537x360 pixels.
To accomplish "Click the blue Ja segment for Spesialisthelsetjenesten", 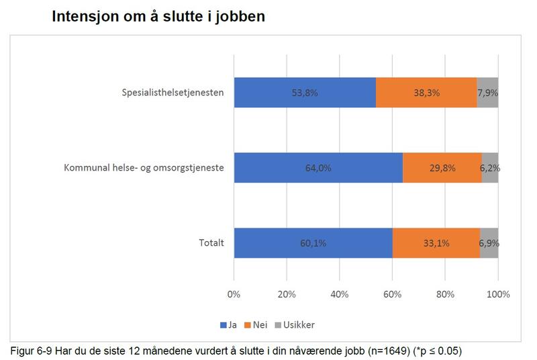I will click(304, 93).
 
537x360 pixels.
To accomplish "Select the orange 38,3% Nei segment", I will click(426, 93).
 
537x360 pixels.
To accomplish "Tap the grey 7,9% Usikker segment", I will click(487, 93).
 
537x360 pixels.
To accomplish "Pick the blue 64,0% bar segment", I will click(318, 168).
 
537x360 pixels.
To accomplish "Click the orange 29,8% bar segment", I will click(442, 168).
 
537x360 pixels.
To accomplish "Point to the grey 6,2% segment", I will click(490, 168).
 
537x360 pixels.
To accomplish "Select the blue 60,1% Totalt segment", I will click(313, 243).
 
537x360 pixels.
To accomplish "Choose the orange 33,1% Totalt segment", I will click(436, 243).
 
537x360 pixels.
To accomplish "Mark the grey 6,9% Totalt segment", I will click(489, 243).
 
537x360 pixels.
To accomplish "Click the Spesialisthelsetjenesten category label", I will click(173, 93).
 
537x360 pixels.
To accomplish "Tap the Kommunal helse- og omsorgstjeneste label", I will click(144, 168).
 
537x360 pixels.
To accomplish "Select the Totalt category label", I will click(211, 243).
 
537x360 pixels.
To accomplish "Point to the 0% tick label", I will click(234, 294).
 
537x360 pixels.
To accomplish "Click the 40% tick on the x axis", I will click(339, 294).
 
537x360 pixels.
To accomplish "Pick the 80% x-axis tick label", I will click(445, 294).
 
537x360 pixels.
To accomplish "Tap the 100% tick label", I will click(498, 294).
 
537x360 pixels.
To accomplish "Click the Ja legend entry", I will click(229, 324).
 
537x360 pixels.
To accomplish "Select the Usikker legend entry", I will click(295, 324).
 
